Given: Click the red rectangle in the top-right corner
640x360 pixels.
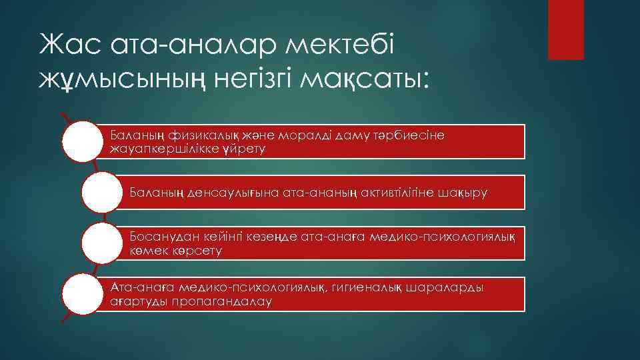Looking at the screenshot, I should [x=565, y=29].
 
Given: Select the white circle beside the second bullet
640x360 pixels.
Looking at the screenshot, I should [x=101, y=193].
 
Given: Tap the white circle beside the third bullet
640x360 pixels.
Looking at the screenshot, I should [x=101, y=243].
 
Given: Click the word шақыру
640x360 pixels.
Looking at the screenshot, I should [x=463, y=193].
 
